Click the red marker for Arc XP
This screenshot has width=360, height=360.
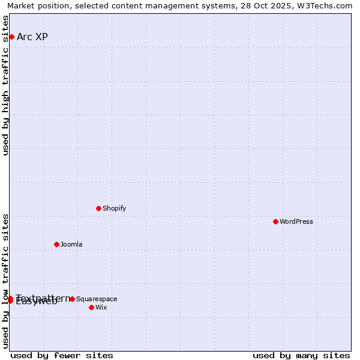point(11,37)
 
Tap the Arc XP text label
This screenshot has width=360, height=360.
point(32,37)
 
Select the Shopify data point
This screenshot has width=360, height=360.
point(98,208)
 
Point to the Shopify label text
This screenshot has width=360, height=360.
point(114,208)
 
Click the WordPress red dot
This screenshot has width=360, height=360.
point(275,221)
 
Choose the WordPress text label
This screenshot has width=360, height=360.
point(296,221)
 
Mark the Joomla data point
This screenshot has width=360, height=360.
point(56,244)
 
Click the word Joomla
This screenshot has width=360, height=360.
point(71,244)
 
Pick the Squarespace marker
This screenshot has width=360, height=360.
point(72,299)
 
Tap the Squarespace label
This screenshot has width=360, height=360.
point(97,299)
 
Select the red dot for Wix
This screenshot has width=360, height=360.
point(91,307)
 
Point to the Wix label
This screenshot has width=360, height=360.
point(101,307)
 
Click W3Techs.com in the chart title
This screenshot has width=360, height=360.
point(327,6)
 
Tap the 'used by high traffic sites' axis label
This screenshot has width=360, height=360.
point(6,85)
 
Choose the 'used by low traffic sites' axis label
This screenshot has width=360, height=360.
point(6,280)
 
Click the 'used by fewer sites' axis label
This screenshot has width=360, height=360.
point(62,355)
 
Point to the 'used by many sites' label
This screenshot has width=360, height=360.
point(301,355)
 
